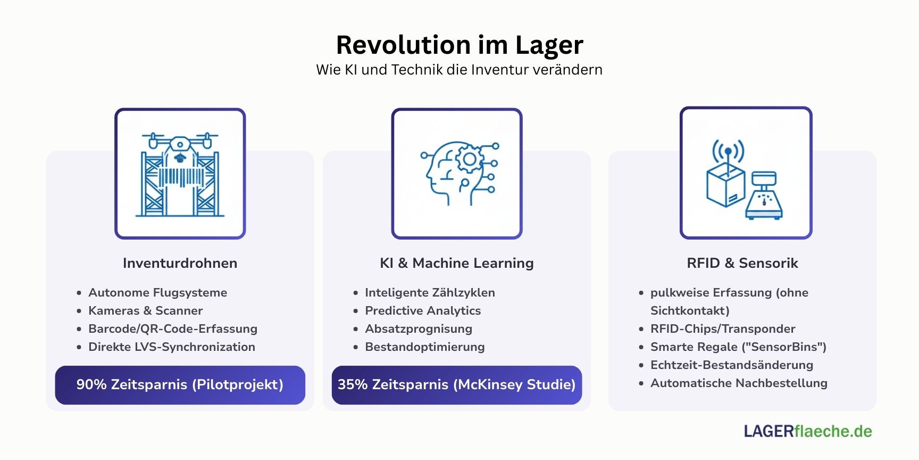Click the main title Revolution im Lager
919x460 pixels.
point(459,45)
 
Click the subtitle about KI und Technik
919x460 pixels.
point(459,70)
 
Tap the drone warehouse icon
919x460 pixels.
point(180,174)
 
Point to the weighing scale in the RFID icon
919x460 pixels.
point(764,197)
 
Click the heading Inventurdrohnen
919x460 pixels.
point(180,263)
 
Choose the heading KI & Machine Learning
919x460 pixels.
point(456,263)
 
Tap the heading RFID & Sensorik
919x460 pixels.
point(742,263)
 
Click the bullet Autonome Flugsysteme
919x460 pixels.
point(157,292)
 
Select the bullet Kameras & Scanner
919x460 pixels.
point(145,310)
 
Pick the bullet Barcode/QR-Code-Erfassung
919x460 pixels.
point(173,328)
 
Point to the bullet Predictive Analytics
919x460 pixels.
point(423,310)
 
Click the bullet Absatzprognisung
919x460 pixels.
point(419,328)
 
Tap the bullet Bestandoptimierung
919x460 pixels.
point(424,347)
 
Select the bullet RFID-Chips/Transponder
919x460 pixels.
point(723,328)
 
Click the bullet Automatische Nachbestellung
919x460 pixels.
point(739,383)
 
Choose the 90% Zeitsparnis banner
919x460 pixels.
point(180,384)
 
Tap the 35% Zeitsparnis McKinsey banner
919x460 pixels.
point(456,384)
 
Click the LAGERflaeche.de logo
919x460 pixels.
point(808,431)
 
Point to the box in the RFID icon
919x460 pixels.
point(725,186)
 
